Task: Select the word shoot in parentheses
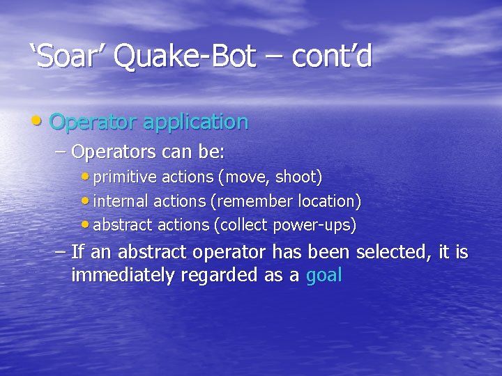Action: (298, 178)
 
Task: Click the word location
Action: (328, 201)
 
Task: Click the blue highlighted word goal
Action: (324, 276)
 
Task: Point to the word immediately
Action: (123, 276)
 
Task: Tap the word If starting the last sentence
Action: (79, 251)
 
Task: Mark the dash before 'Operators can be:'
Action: (60, 151)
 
